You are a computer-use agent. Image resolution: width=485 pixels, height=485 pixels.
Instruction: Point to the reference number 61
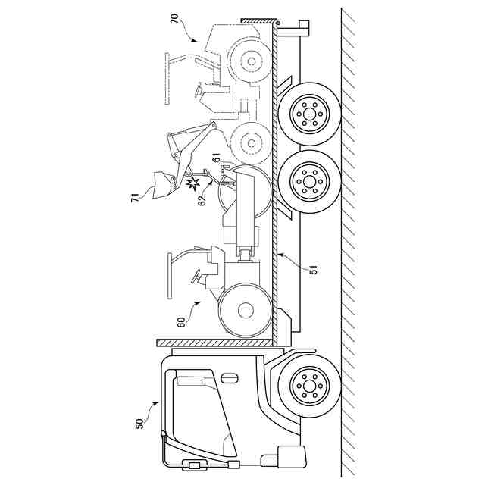pyautogui.click(x=216, y=158)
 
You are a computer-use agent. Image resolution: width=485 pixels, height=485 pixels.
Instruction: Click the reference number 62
pyautogui.click(x=202, y=199)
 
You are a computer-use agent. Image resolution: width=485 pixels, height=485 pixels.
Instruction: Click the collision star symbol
pyautogui.click(x=194, y=183)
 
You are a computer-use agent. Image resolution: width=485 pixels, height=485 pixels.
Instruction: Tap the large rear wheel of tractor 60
pyautogui.click(x=245, y=310)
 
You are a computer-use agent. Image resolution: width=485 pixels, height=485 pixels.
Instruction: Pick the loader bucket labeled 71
pyautogui.click(x=160, y=184)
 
